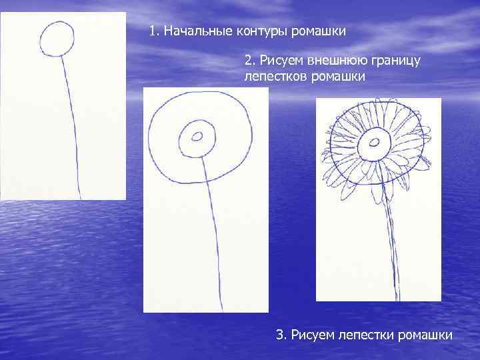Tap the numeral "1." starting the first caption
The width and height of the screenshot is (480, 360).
(155, 31)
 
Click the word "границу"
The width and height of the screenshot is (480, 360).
(389, 61)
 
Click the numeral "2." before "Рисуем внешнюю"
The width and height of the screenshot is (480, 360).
(251, 61)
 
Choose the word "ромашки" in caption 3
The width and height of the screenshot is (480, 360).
(425, 335)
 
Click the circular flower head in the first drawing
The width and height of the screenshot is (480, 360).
(57, 39)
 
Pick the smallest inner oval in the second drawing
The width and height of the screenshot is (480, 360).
(197, 137)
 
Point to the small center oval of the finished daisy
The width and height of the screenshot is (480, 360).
(375, 141)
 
